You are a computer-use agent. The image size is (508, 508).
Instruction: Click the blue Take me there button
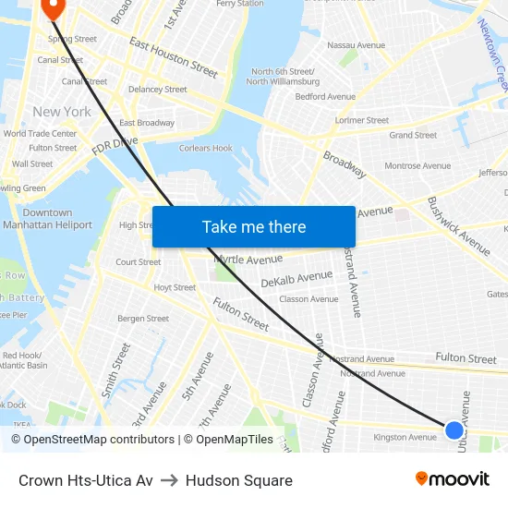click(254, 227)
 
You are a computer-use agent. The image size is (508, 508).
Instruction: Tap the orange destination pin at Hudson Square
click(52, 7)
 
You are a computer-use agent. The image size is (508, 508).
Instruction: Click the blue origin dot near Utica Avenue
click(454, 429)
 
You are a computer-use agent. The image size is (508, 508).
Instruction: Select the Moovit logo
click(453, 479)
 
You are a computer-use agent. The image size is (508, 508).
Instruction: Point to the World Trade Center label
click(40, 134)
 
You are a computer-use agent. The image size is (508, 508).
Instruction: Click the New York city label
click(62, 112)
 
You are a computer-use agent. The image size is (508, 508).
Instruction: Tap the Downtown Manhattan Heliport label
click(47, 219)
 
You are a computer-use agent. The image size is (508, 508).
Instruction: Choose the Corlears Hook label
click(205, 148)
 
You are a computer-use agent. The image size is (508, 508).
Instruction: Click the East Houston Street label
click(174, 57)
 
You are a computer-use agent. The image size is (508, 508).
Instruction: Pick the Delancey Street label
click(157, 90)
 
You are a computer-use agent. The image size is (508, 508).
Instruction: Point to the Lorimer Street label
click(362, 120)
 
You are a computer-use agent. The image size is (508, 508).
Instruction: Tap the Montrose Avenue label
click(417, 165)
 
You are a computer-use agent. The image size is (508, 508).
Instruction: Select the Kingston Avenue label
click(405, 437)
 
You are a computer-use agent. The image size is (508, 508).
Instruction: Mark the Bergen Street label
click(143, 319)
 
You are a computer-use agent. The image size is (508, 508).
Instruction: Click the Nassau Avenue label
click(356, 44)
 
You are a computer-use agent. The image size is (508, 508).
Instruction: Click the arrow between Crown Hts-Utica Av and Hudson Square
click(169, 480)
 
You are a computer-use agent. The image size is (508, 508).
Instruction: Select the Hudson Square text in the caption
click(238, 480)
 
